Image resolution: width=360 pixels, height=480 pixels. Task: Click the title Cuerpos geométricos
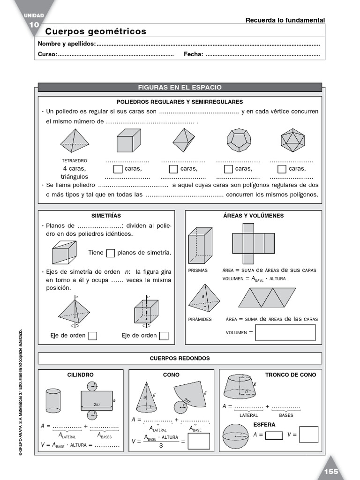pyautogui.click(x=96, y=31)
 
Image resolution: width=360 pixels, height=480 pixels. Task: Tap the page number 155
pyautogui.click(x=330, y=472)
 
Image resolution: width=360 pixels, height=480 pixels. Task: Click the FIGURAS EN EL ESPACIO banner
pyautogui.click(x=180, y=88)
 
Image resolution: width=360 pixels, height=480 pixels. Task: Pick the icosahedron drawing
pyautogui.click(x=292, y=140)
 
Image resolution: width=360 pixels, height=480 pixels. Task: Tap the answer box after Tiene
pyautogui.click(x=111, y=253)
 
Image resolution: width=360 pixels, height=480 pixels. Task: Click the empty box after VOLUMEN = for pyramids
pyautogui.click(x=285, y=332)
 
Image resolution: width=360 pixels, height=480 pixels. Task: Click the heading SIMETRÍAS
pyautogui.click(x=106, y=216)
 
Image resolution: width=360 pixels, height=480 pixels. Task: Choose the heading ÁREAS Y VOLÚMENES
pyautogui.click(x=253, y=216)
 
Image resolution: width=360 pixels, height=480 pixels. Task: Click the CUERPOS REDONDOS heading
pyautogui.click(x=180, y=359)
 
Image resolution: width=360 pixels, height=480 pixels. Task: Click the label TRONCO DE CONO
pyautogui.click(x=291, y=375)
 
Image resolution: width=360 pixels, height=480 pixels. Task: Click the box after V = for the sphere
pyautogui.click(x=308, y=435)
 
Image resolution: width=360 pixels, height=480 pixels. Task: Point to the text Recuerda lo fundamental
pyautogui.click(x=285, y=20)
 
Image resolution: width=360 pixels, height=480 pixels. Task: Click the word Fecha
pyautogui.click(x=193, y=54)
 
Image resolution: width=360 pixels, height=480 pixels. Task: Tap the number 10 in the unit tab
pyautogui.click(x=34, y=24)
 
